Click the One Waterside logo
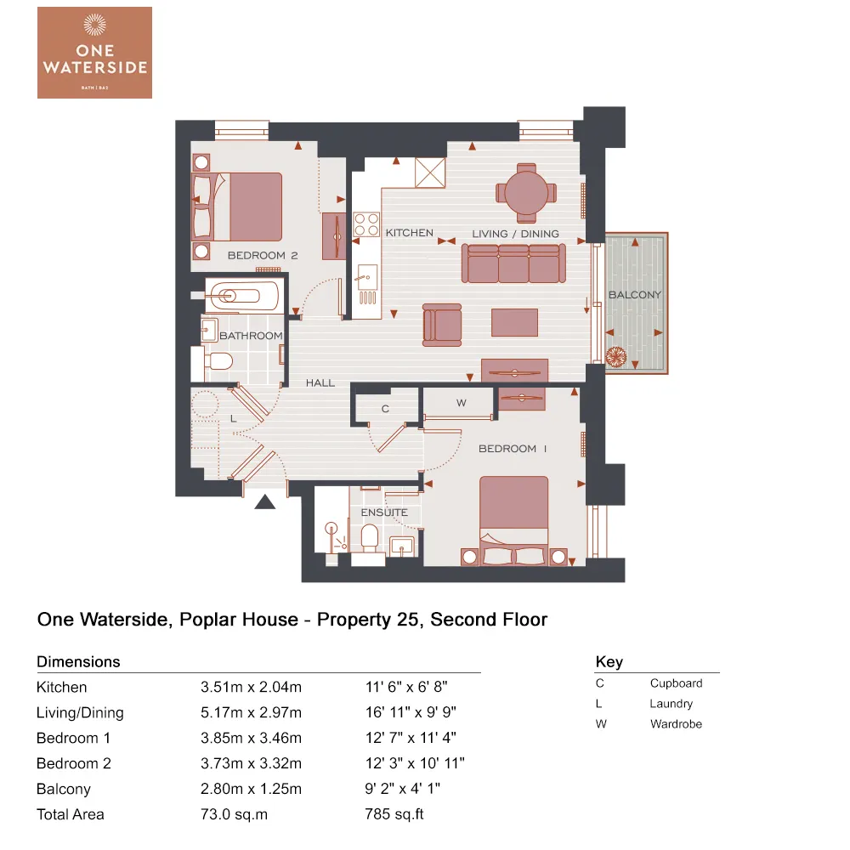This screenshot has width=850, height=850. pos(94,53)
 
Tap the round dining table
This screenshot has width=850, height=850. pos(527,193)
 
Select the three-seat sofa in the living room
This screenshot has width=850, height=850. pos(513,263)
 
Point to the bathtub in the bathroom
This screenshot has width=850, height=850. pos(241,297)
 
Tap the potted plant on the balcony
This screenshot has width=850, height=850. pos(616,358)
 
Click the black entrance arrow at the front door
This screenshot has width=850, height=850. pos(266,501)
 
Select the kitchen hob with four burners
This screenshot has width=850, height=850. pos(366,224)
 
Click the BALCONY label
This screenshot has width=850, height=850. pos(634,295)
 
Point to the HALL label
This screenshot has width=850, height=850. pos(320,383)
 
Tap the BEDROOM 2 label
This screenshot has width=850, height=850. pos(262,255)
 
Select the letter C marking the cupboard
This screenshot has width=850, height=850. pos(385,408)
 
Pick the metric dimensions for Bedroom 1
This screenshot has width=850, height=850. pos(251,738)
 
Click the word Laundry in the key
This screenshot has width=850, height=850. pos(671,704)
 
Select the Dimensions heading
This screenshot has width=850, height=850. pos(78,661)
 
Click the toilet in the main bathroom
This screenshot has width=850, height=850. pos(218,363)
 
